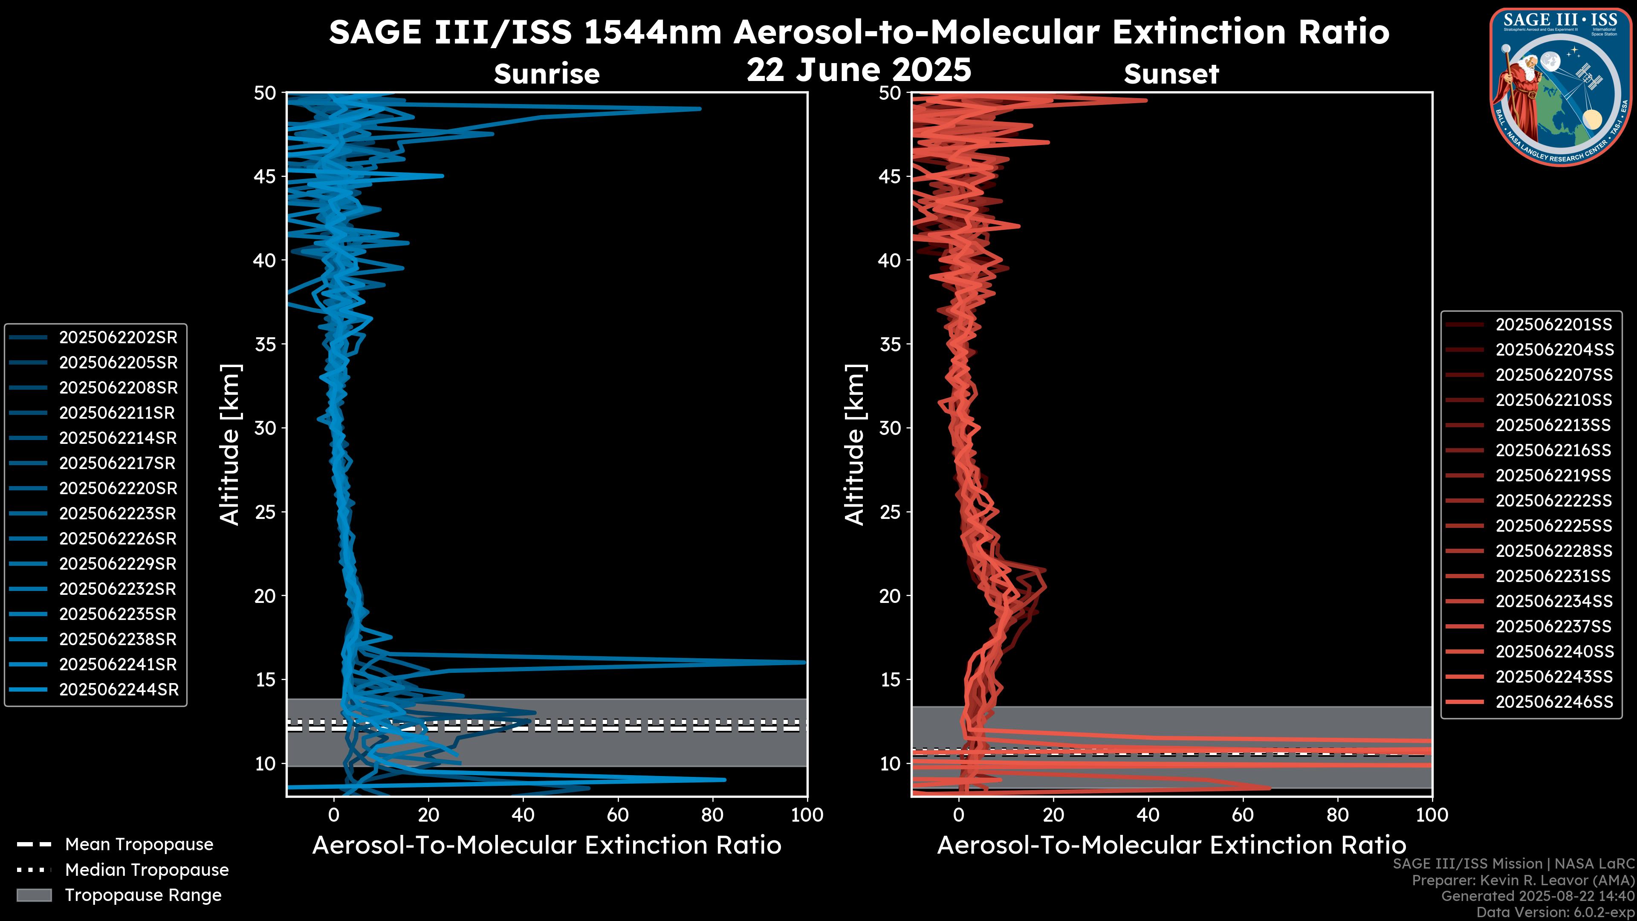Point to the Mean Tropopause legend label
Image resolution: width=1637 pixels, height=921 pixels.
[x=139, y=845]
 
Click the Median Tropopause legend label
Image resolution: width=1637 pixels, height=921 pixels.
[x=147, y=870]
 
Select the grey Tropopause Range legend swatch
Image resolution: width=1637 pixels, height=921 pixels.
[x=34, y=895]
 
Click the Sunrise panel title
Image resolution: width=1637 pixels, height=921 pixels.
[x=547, y=74]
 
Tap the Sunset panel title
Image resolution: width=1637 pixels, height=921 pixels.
[x=1171, y=74]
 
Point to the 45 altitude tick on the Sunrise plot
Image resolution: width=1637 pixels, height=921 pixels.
[x=265, y=176]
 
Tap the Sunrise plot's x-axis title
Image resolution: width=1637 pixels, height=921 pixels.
[x=547, y=846]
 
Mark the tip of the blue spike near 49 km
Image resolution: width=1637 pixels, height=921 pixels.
[x=700, y=109]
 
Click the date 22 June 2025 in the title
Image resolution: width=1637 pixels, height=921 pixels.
[x=859, y=70]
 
